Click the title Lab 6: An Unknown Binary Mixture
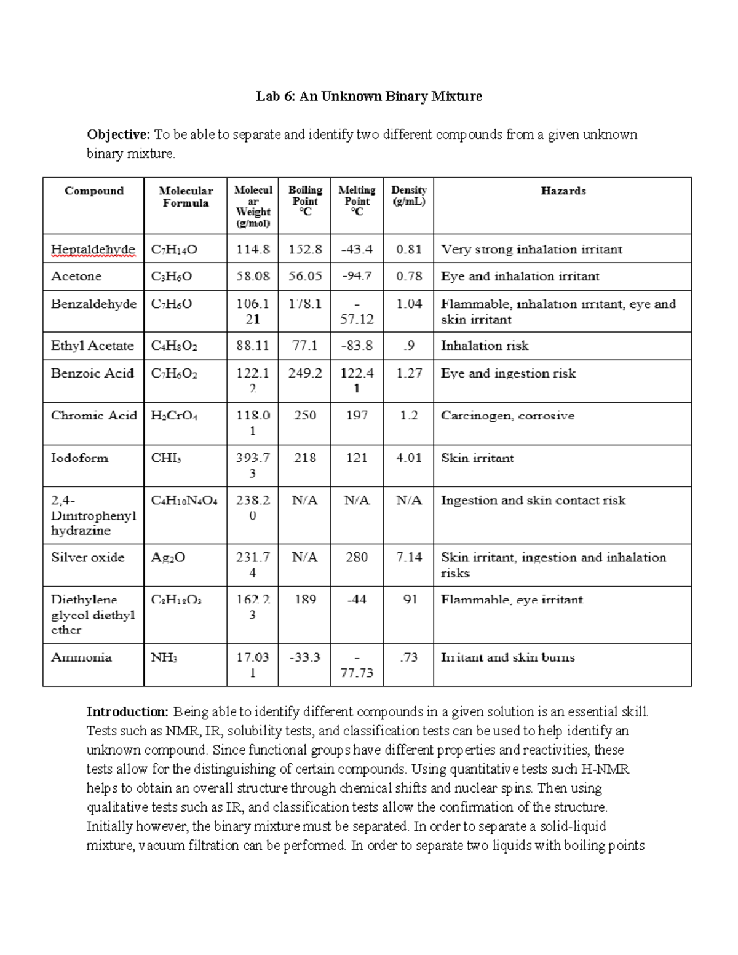click(369, 97)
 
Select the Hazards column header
click(563, 191)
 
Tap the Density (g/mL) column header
click(408, 196)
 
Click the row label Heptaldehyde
click(93, 250)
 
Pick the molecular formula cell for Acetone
click(172, 277)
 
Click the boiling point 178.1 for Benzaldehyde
click(305, 304)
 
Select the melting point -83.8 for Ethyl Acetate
click(357, 346)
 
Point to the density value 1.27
click(409, 373)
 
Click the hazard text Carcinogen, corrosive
click(507, 416)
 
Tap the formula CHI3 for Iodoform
click(166, 458)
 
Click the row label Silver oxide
click(88, 558)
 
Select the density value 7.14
click(409, 558)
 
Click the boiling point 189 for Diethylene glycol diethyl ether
click(305, 600)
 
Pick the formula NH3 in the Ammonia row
click(164, 658)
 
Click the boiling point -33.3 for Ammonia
click(305, 657)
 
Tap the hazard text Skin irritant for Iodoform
click(477, 458)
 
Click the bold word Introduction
click(127, 712)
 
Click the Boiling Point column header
click(305, 200)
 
